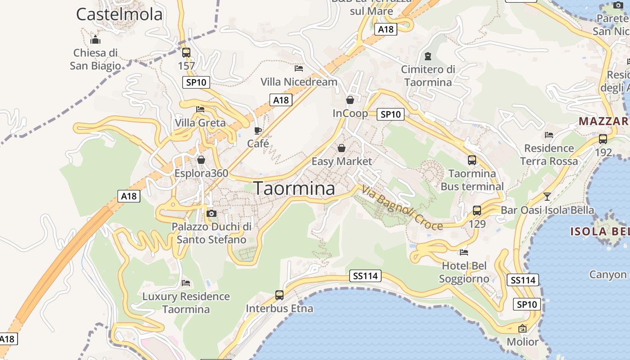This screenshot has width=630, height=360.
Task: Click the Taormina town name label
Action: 295,189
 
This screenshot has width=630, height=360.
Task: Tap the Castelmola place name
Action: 119,14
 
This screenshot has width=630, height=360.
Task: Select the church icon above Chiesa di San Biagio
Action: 95,39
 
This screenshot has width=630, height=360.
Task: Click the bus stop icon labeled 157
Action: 186,52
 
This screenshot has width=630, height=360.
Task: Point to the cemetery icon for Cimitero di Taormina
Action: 427,56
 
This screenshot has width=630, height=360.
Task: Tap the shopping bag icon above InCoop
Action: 350,99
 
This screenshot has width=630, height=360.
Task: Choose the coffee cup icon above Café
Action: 258,130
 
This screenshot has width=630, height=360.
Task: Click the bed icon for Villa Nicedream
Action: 298,68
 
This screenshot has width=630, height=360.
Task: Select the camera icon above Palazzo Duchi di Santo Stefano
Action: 211,213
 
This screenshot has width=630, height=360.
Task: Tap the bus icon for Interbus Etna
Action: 279,295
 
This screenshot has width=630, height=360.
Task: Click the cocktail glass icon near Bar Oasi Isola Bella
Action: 547,196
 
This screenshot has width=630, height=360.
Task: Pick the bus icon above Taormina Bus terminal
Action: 472,160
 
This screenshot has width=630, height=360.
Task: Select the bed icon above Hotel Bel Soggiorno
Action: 464,252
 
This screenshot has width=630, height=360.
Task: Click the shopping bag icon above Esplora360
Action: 201,160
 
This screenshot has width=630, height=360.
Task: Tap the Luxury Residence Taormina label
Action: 186,303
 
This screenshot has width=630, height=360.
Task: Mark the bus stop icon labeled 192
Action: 603,139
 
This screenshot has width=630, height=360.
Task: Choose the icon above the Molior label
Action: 522,328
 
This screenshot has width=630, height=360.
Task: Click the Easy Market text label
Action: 342,161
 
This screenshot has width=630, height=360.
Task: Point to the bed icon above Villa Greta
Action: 200,109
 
